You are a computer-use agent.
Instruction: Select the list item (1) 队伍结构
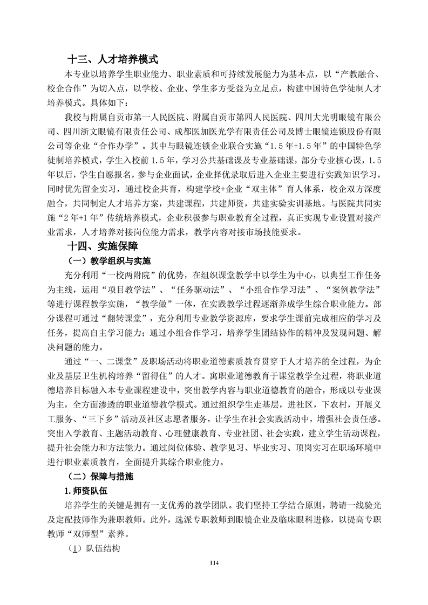tap(93, 548)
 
